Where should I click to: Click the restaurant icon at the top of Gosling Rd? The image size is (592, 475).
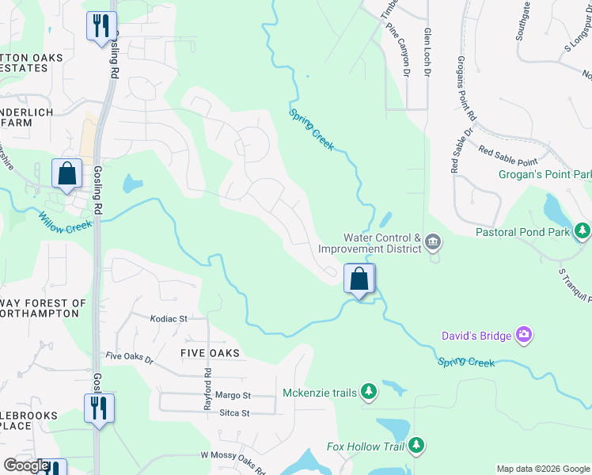101,27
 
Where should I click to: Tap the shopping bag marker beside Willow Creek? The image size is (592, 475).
67,173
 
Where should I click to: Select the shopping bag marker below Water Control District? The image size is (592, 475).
359,279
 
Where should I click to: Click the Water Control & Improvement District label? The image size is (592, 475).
380,243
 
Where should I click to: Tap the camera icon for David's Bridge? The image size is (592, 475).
523,336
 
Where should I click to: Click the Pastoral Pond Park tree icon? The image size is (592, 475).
583,231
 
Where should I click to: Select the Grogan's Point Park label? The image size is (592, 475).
545,174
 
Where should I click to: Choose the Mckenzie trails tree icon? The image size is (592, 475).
368,392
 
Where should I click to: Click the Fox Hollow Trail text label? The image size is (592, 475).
366,447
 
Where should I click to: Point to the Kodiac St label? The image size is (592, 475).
168,318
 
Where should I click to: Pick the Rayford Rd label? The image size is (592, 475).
207,383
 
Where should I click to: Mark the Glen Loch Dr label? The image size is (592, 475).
427,53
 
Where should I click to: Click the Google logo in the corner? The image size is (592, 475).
26,466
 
